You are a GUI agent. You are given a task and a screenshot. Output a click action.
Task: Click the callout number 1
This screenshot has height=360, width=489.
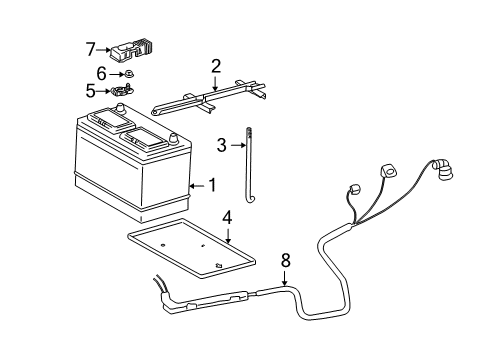point(211,185)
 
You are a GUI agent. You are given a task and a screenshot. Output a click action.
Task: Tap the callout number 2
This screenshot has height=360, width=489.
point(215,67)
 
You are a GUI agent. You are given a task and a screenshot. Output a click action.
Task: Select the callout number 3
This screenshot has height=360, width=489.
point(222,146)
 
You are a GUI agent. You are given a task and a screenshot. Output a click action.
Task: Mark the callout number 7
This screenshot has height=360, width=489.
point(90,48)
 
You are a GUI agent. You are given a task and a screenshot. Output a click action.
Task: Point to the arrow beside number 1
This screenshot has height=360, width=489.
point(196,185)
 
